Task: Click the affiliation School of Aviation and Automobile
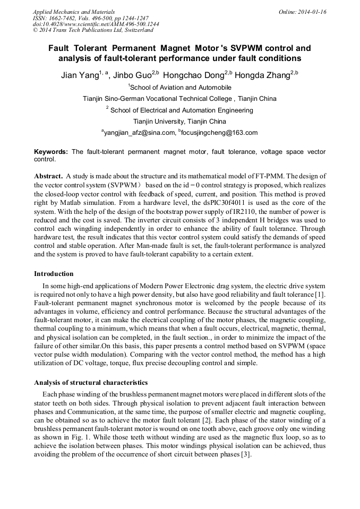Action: coord(181,87)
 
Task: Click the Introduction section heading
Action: coord(54,274)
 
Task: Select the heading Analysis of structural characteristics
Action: coord(91,383)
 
